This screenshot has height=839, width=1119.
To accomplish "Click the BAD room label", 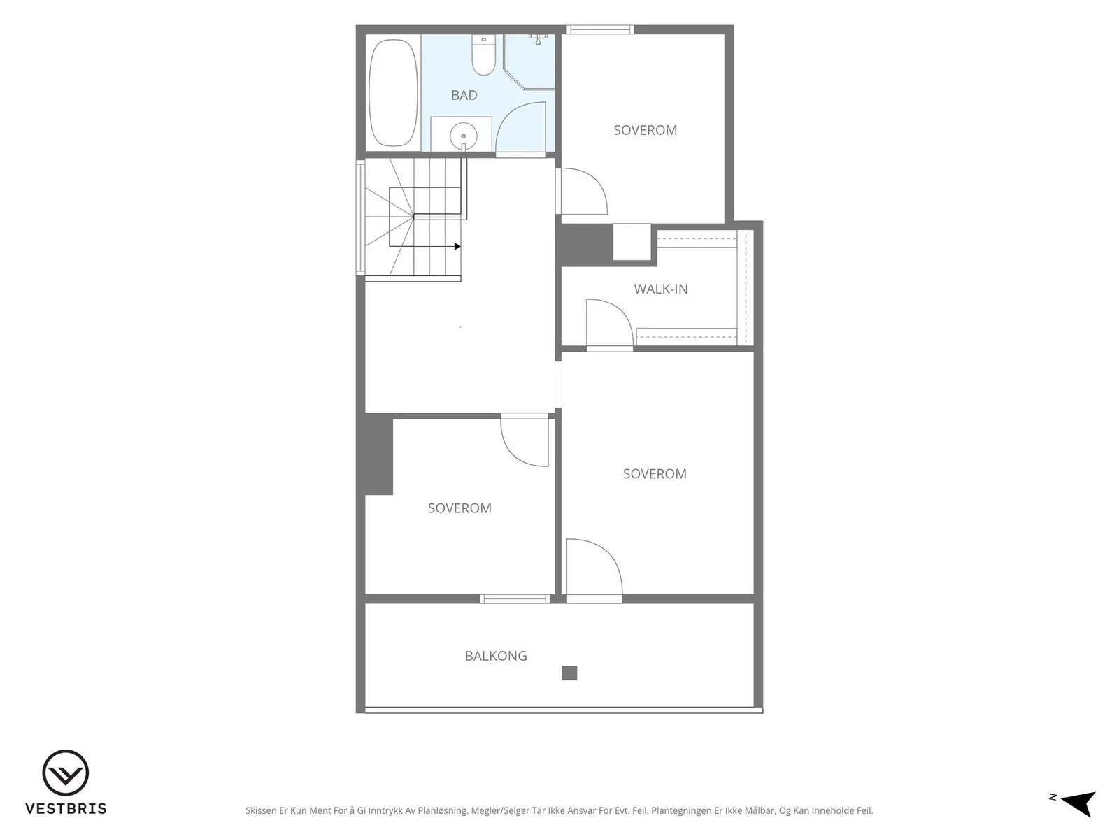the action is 464,95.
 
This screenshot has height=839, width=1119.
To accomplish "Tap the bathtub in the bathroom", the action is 393,93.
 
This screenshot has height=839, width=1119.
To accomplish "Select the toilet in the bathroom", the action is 483,55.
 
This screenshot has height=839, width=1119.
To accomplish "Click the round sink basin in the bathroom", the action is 464,136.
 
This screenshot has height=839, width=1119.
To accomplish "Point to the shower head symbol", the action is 538,39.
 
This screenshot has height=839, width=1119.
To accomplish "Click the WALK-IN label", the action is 661,289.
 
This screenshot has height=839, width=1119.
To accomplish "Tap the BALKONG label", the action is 496,656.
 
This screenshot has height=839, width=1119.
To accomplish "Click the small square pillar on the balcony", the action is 569,673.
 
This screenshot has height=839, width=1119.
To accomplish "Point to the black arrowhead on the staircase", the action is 457,247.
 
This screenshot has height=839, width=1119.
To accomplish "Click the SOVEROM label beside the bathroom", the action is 645,131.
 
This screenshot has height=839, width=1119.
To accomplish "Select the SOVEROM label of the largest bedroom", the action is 655,474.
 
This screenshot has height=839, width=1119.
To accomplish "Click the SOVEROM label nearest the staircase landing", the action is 459,508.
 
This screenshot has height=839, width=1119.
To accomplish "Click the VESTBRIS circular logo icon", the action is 65,773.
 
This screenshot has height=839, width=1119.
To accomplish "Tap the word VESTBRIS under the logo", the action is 66,809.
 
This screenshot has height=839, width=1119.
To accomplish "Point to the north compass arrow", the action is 1080,804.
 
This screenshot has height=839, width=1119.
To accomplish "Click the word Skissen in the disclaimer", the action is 261,810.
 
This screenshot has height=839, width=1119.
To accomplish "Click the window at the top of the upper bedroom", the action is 600,29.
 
